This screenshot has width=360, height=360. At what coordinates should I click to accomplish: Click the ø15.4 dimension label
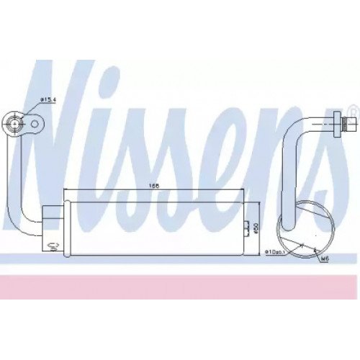[48, 99]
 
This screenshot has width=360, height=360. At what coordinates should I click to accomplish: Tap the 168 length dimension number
[153, 186]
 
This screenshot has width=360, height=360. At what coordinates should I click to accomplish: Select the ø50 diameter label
[255, 228]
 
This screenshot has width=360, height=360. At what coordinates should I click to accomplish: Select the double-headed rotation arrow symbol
[53, 246]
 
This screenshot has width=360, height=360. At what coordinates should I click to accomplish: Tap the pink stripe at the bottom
[180, 289]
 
